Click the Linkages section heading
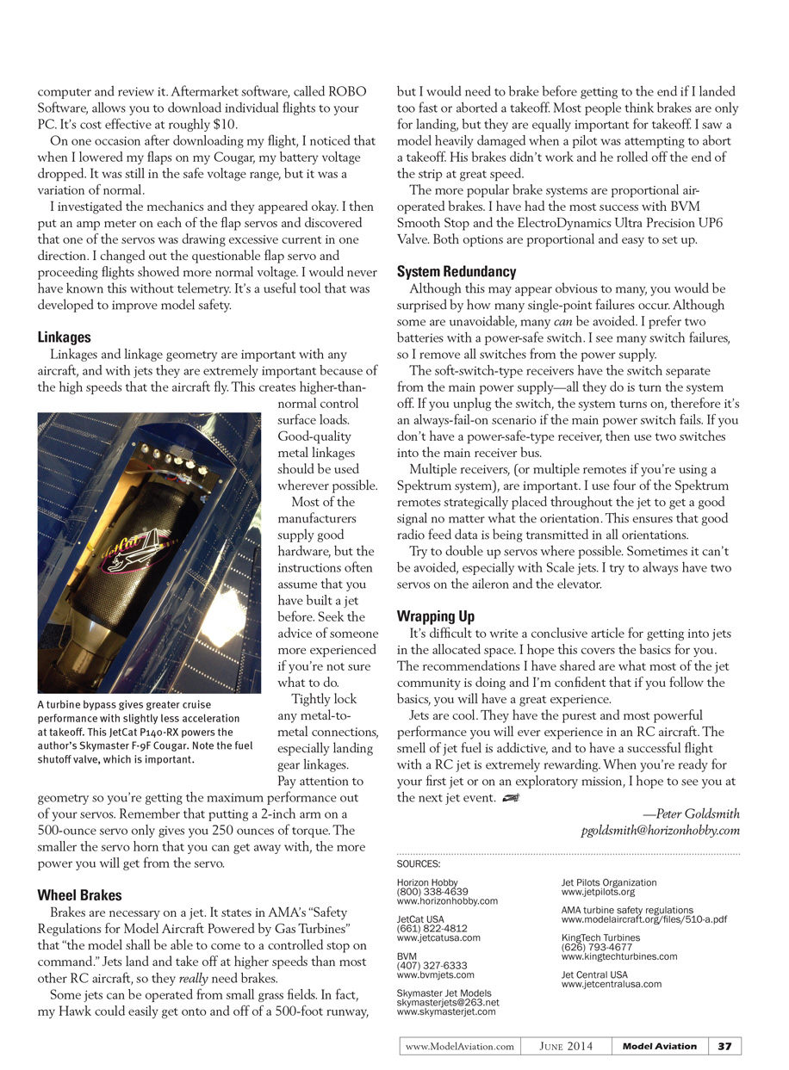65,337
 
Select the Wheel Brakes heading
80,895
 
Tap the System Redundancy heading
457,272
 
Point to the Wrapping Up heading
436,616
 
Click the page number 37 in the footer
724,1046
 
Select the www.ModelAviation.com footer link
460,1046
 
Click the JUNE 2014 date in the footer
566,1046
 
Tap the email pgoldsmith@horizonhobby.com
661,831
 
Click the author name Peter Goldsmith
691,813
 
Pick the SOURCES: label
419,863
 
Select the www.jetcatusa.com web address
438,937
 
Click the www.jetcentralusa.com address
612,984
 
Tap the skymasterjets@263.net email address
448,1002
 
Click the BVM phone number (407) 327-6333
432,966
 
